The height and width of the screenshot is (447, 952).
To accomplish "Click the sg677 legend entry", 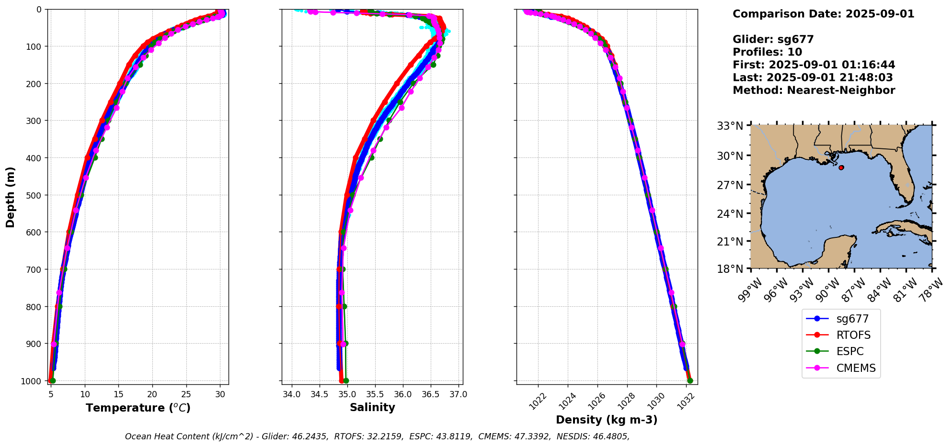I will pyautogui.click(x=852, y=319).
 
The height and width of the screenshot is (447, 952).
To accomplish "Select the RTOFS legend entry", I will pyautogui.click(x=853, y=335).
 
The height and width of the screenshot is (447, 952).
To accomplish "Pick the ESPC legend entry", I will pyautogui.click(x=849, y=351).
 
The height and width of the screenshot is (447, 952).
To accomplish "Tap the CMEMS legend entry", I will pyautogui.click(x=856, y=368).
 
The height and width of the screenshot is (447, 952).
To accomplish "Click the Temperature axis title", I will pyautogui.click(x=138, y=408).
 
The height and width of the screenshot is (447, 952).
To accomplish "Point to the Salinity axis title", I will pyautogui.click(x=372, y=408).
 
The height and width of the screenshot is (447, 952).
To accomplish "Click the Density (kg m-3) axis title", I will pyautogui.click(x=607, y=420).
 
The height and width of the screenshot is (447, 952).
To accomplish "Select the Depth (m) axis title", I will pyautogui.click(x=11, y=197).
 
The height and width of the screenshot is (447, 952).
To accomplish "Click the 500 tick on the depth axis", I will pyautogui.click(x=34, y=195).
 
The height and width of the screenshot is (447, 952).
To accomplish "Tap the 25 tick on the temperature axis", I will pyautogui.click(x=186, y=395).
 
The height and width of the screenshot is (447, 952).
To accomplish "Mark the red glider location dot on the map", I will pyautogui.click(x=841, y=168).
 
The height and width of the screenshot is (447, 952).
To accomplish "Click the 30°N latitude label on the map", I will pyautogui.click(x=730, y=156).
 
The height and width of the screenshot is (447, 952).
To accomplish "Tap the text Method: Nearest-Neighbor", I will pyautogui.click(x=814, y=90).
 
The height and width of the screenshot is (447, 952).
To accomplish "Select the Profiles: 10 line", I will pyautogui.click(x=767, y=52).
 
